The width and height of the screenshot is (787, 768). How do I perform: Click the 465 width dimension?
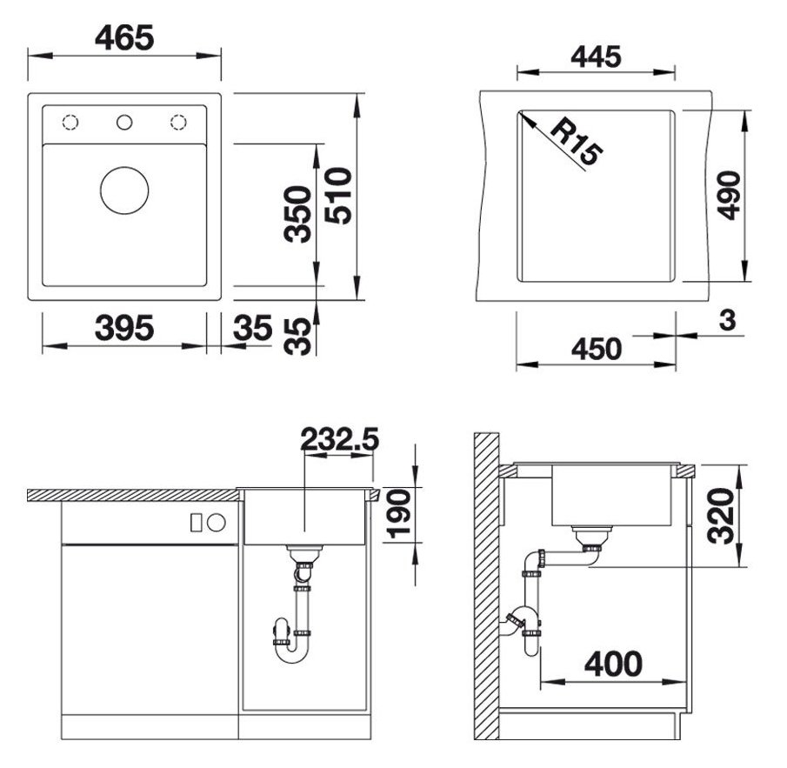point(124,37)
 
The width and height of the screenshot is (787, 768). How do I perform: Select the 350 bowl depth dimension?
point(298,214)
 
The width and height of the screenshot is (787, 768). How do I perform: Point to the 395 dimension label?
point(124,329)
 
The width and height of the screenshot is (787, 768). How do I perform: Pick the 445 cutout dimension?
point(596,57)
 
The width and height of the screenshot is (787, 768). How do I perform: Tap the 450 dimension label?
point(596,349)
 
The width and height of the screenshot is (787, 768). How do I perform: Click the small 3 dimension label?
point(727,320)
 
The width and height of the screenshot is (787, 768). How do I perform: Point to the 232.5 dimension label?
point(338,440)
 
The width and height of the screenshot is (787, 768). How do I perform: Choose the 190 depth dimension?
point(398,513)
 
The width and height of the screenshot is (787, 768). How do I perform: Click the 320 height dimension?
point(721,515)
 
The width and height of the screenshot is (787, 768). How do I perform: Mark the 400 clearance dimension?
point(613,664)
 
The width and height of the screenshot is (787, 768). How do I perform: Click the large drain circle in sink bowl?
point(124,190)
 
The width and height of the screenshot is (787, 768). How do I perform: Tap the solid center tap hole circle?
point(124,122)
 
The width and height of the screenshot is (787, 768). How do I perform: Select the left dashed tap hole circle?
point(70,122)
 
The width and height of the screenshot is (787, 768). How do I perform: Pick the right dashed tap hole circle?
point(179,122)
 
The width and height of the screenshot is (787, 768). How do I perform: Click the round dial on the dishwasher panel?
point(216,522)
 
